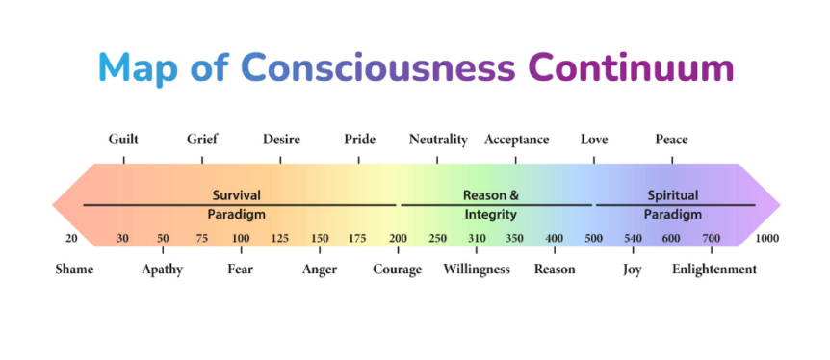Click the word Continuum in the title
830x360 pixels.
[631, 67]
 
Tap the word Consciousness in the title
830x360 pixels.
[378, 67]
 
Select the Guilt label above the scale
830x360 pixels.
[123, 140]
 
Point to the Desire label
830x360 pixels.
[281, 140]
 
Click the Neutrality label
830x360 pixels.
[438, 140]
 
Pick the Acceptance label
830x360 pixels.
[516, 140]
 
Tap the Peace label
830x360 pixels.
[671, 140]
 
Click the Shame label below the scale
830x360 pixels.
[74, 269]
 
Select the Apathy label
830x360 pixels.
[162, 270]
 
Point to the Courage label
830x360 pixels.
[397, 270]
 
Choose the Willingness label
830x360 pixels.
[477, 270]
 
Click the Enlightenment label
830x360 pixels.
[714, 270]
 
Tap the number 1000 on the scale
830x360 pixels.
[767, 239]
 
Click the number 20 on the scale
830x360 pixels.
[71, 239]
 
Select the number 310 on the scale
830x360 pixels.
[477, 239]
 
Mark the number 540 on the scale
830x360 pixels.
[633, 239]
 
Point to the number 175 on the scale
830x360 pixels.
[357, 239]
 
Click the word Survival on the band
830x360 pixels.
[237, 195]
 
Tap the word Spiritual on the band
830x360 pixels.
[673, 196]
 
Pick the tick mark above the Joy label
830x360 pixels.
[633, 250]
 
